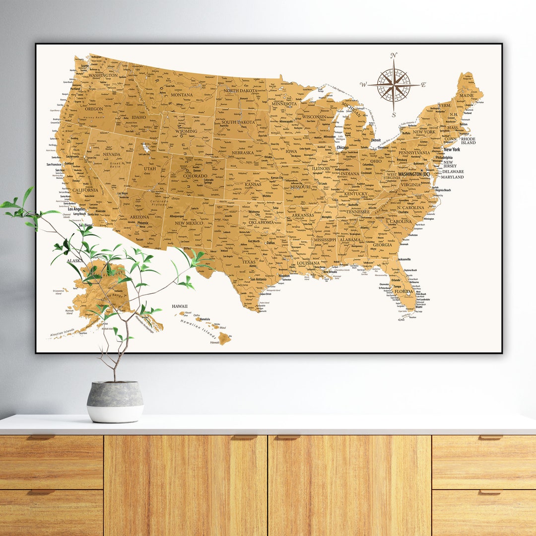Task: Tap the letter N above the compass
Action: (x=394, y=55)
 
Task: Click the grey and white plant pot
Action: (x=115, y=402)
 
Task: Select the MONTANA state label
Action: (x=182, y=95)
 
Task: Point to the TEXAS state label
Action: (x=249, y=262)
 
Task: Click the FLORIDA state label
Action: (x=403, y=291)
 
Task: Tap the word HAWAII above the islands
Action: (x=180, y=307)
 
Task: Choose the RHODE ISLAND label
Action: (x=469, y=141)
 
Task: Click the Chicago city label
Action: (x=342, y=147)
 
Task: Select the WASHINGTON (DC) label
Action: (x=413, y=174)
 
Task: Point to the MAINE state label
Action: (x=466, y=95)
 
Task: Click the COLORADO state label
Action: (x=195, y=176)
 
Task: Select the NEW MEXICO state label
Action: (x=189, y=223)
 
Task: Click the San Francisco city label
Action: (x=57, y=164)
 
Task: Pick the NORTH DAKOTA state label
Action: (x=240, y=91)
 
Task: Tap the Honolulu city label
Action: (x=202, y=319)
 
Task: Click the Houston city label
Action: (x=284, y=276)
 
